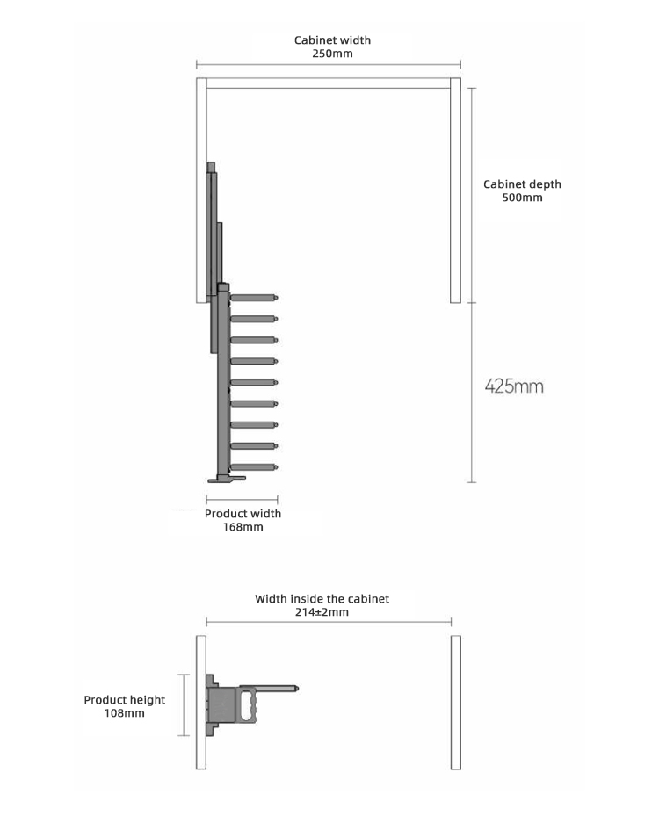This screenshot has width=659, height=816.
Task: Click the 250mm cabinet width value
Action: (332, 54)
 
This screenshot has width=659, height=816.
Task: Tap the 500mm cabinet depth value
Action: (522, 198)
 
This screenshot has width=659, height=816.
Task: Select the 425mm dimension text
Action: (514, 386)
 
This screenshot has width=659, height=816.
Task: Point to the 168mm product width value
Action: (243, 527)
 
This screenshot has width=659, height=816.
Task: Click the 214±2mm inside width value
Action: (322, 612)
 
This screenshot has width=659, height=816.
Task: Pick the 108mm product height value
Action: (125, 713)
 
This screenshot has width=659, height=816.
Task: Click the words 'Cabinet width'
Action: (333, 40)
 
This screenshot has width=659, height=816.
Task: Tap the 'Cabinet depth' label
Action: (522, 184)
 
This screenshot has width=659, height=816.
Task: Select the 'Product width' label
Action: (243, 514)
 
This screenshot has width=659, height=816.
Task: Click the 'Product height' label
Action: (125, 700)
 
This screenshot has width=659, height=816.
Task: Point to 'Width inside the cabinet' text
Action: (322, 598)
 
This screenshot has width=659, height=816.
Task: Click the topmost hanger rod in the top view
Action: (254, 298)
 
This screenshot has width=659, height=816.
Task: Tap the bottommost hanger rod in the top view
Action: (254, 466)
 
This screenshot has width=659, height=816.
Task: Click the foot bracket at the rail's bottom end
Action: (227, 478)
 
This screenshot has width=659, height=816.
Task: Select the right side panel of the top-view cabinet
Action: (455, 191)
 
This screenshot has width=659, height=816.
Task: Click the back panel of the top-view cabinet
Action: (329, 83)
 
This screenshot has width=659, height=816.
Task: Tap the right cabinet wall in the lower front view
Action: (456, 703)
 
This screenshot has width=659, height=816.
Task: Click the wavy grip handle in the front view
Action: (248, 705)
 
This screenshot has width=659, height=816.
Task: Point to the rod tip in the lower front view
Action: (296, 689)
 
